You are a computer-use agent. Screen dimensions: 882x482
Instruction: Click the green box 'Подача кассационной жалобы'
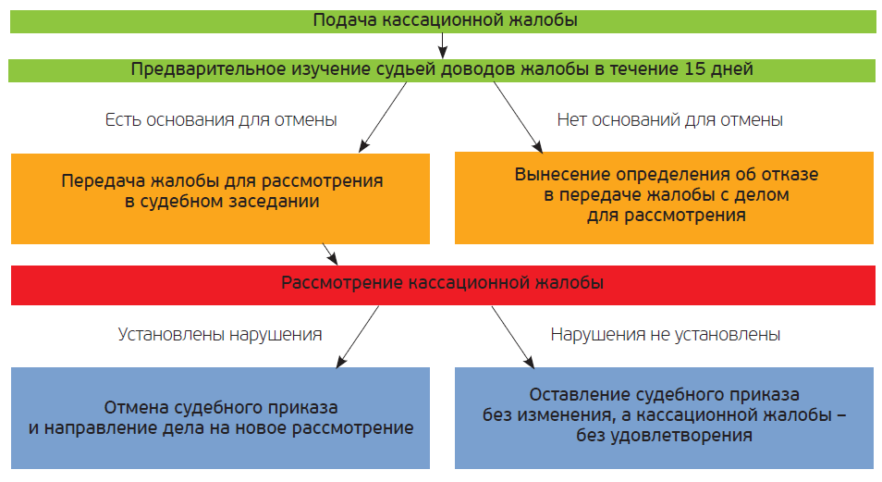443,21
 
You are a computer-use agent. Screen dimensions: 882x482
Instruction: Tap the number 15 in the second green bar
694,69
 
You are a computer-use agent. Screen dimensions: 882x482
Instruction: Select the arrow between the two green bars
443,45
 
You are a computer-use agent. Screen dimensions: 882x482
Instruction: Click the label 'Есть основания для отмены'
221,120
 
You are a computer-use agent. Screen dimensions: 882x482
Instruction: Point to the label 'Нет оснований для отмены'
670,120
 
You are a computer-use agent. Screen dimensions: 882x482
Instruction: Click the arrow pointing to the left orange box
383,117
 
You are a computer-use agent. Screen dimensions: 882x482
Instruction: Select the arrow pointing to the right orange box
518,117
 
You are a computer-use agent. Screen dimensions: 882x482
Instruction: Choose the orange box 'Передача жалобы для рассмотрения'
220,199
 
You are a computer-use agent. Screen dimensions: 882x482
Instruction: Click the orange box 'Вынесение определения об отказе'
665,198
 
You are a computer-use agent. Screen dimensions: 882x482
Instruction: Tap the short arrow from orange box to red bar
330,253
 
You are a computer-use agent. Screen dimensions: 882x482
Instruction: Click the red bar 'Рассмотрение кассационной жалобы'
443,286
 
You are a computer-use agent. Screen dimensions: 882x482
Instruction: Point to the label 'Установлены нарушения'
220,335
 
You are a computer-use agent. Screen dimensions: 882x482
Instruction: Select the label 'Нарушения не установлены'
666,335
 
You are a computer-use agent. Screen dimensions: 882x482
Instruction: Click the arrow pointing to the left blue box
357,337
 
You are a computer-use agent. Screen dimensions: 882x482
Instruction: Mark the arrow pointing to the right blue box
513,337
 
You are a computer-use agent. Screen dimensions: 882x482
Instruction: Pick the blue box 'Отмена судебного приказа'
220,418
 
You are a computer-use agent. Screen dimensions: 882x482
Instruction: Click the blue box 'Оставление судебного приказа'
665,418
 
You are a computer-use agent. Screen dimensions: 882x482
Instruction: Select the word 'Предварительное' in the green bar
208,69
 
